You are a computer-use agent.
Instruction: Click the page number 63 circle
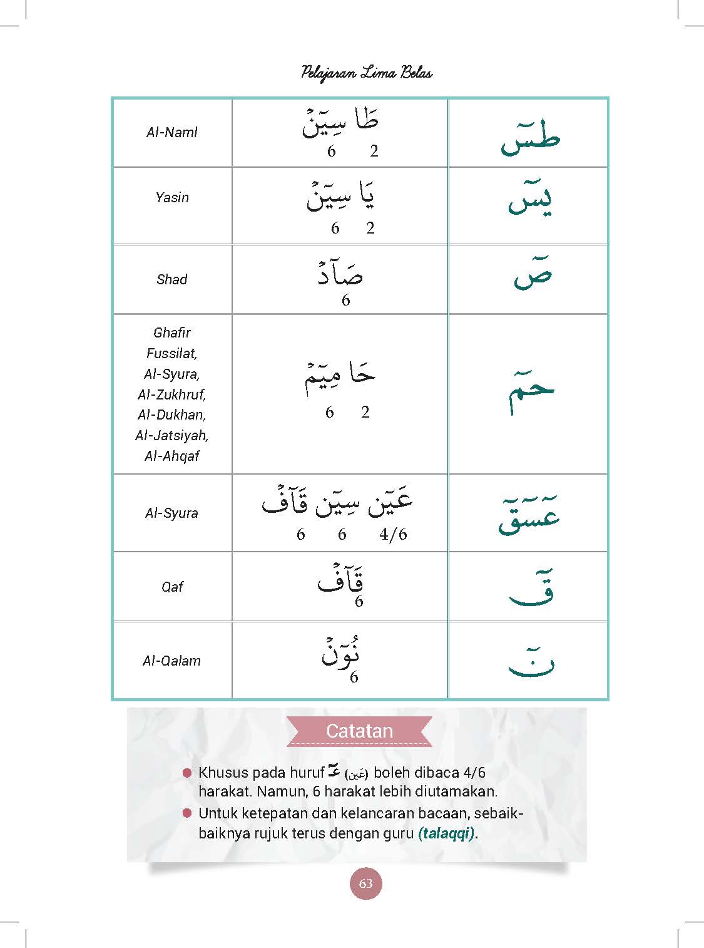tap(366, 884)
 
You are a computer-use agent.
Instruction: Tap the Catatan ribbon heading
tap(359, 731)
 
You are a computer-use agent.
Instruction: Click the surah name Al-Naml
tap(172, 133)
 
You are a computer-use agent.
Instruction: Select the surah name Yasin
tap(172, 198)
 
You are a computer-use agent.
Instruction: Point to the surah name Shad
tap(172, 279)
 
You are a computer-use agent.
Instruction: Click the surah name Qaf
tap(172, 587)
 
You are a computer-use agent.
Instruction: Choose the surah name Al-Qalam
tap(172, 661)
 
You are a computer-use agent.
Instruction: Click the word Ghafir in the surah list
tap(172, 333)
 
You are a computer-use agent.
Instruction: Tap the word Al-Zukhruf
tap(172, 394)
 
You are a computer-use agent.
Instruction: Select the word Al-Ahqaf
tap(172, 456)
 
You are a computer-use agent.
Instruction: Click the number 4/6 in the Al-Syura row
tap(393, 534)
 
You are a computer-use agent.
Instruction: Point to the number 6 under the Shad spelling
tap(345, 301)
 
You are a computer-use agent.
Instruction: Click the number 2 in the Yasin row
tap(370, 228)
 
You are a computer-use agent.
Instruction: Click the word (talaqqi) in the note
tap(446, 833)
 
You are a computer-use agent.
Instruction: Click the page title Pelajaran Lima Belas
tap(367, 73)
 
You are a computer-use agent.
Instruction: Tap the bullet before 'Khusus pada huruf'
tap(186, 773)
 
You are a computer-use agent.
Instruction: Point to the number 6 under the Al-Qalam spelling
tap(354, 678)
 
